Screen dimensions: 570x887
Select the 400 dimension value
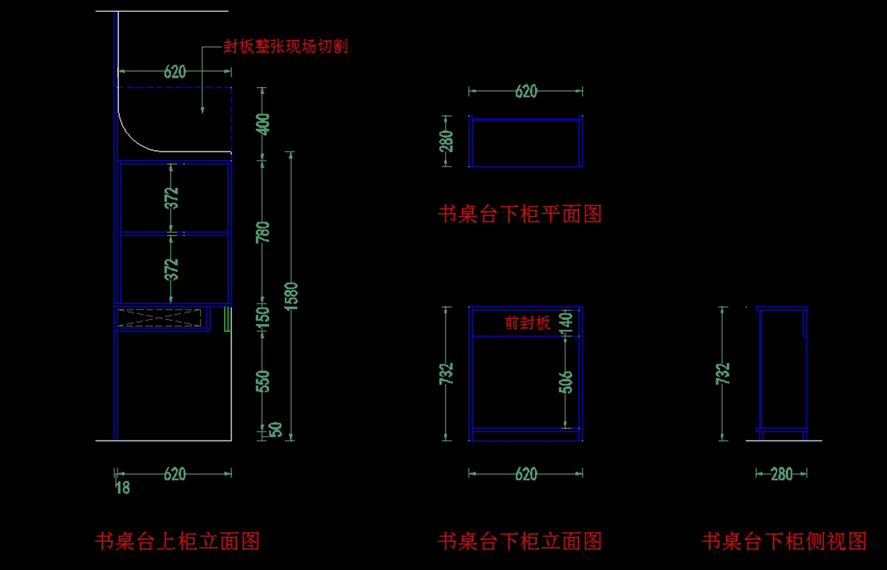coord(265,123)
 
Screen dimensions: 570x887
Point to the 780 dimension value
coord(265,232)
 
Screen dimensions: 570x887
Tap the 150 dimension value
coord(265,316)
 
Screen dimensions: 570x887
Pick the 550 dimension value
coord(265,381)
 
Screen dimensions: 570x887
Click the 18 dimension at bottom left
coord(123,488)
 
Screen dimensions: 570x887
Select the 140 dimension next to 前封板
coord(566,322)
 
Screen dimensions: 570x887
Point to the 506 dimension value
coord(566,381)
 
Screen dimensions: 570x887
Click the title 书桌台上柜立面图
coord(177,541)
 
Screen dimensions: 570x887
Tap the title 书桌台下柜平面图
coord(520,214)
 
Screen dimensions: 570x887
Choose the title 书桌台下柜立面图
coord(520,541)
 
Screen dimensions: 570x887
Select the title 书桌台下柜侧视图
coord(784,541)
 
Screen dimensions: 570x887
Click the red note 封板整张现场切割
coord(285,47)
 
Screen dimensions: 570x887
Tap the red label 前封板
coord(528,323)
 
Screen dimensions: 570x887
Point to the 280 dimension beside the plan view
coord(447,141)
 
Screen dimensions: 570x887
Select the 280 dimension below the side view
coord(781,474)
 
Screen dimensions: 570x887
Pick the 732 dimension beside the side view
coord(724,373)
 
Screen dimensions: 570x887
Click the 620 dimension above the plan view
coord(526,92)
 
